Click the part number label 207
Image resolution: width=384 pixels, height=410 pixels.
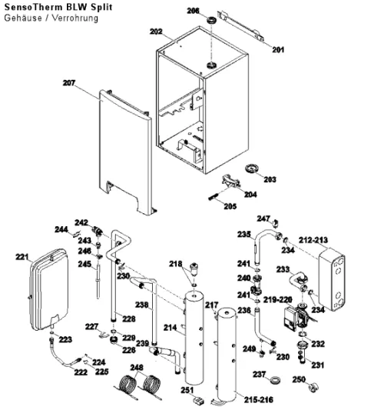point(69,83)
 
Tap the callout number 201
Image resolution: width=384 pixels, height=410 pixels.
point(278,49)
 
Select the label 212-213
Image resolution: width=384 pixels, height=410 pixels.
point(313,240)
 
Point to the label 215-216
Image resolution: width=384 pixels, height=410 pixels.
point(259,399)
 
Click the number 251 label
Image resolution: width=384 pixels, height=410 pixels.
point(187,390)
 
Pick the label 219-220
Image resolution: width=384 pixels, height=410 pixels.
point(277,300)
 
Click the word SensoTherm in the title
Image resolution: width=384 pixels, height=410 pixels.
point(35,7)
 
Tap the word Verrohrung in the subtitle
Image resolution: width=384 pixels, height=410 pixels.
point(75,18)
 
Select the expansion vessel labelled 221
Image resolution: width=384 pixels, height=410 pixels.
point(50,289)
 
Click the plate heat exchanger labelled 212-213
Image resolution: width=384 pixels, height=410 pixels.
point(332,279)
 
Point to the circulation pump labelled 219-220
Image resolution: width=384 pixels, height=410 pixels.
point(297,318)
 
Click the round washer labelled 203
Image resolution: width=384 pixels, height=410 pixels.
point(251,168)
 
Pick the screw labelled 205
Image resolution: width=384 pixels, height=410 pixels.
point(213,196)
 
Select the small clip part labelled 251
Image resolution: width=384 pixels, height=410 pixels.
point(199,400)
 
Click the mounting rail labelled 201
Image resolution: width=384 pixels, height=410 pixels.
point(240,25)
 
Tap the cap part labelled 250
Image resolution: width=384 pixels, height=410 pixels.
point(313,387)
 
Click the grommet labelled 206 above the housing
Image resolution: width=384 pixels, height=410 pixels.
point(211,19)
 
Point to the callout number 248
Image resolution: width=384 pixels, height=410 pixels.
point(137,368)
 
